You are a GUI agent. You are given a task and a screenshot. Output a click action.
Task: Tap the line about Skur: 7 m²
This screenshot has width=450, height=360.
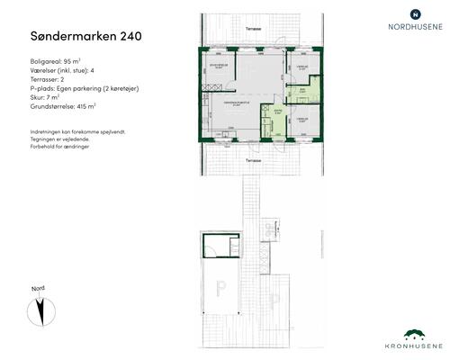pos(40,98)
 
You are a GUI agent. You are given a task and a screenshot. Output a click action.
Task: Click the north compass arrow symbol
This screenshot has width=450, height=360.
pos(40,311)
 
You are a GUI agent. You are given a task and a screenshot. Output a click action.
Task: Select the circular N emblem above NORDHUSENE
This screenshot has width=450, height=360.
pos(414,13)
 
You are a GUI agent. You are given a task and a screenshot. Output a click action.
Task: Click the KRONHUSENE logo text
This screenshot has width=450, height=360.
pos(415,346)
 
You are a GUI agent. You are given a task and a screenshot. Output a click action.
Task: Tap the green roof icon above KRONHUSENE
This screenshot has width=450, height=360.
pos(415,333)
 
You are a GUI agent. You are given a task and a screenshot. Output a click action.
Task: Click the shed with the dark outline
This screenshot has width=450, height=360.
pos(220,247)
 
